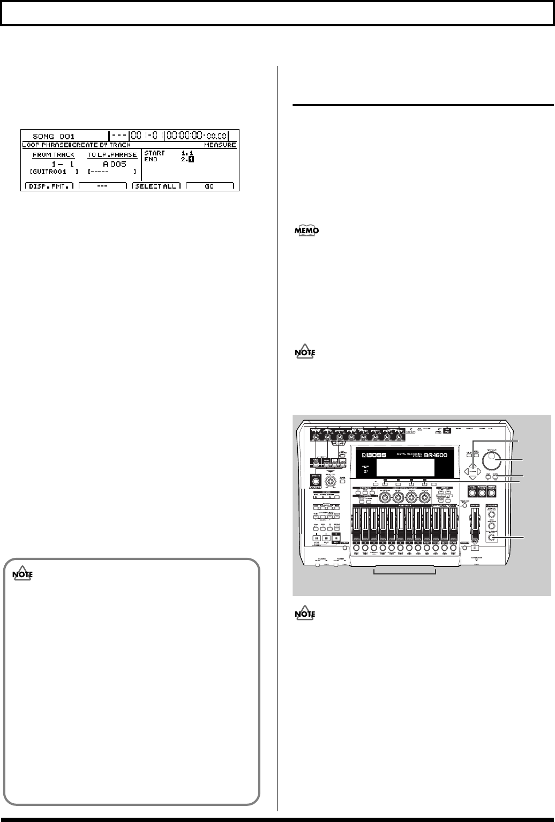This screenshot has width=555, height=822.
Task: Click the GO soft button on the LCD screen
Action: coord(209,186)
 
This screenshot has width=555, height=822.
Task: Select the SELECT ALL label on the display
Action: coord(156,186)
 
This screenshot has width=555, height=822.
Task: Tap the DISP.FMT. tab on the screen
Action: coord(49,186)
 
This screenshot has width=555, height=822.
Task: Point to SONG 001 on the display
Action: coord(54,136)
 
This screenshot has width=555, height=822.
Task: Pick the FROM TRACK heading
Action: coord(54,155)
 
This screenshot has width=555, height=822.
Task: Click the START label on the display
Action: coord(155,153)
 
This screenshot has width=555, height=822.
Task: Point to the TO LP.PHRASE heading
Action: coord(112,155)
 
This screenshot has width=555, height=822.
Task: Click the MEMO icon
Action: coord(306,231)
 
